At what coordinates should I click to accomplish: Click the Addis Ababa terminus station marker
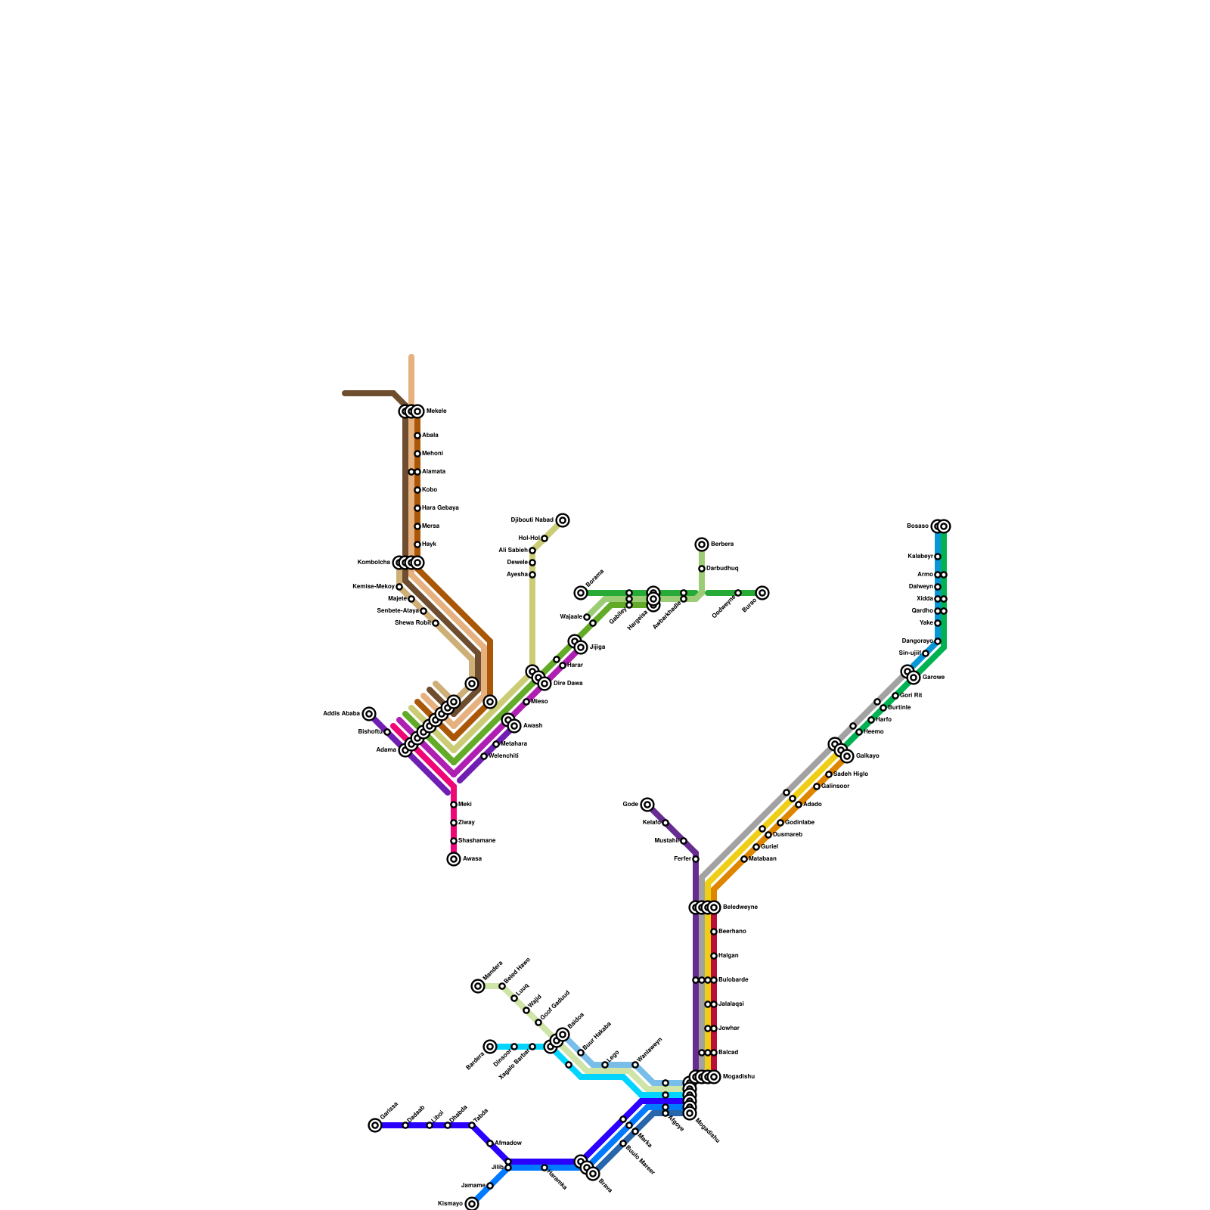tap(369, 714)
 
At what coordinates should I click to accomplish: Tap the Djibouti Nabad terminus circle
tap(563, 520)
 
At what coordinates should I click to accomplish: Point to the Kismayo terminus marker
tap(472, 1204)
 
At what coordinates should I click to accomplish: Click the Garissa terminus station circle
tap(375, 1125)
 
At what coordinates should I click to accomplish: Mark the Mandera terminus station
tap(478, 986)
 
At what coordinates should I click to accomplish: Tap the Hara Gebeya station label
tap(440, 508)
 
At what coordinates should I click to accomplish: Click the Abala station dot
tap(417, 436)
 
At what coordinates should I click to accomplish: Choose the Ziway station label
tap(467, 823)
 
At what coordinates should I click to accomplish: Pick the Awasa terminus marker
tap(454, 859)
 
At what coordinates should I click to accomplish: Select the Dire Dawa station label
tap(568, 684)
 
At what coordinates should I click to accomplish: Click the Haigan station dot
tap(714, 956)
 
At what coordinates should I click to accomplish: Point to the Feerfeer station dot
tap(696, 859)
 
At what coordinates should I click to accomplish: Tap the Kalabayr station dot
tap(938, 557)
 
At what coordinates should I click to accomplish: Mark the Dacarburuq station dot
tap(702, 569)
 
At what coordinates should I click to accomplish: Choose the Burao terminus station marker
tap(762, 593)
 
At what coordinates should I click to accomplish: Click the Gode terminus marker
tap(647, 805)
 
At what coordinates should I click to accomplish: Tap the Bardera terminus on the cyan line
tap(490, 1047)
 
